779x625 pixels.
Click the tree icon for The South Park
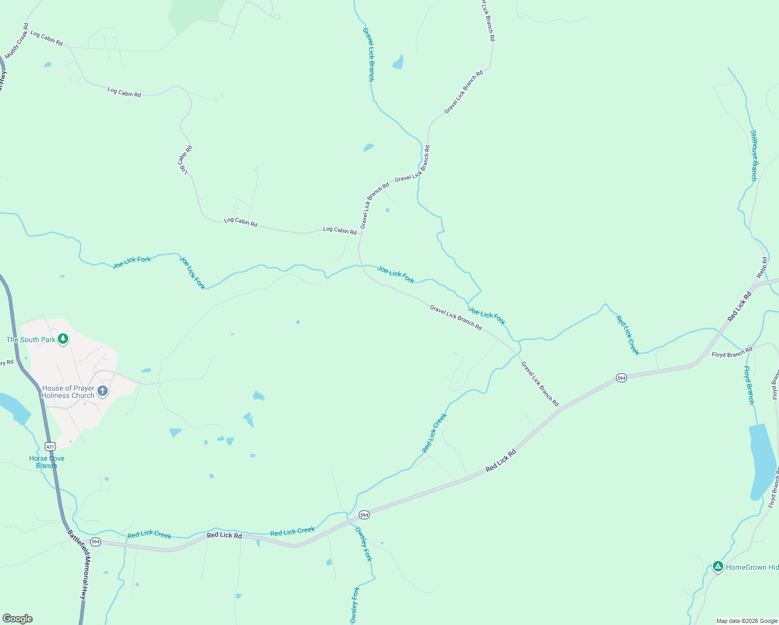tap(63, 339)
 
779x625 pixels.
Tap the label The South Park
tap(31, 340)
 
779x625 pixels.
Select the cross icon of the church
tap(103, 391)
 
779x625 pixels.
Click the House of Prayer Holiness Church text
tap(68, 392)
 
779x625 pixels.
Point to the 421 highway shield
tap(50, 446)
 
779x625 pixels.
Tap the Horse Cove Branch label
tap(47, 462)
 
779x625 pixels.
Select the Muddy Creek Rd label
tap(17, 41)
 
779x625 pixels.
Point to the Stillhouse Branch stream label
tap(753, 155)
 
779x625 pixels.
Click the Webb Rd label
tap(761, 267)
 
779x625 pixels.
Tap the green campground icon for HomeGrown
tap(718, 567)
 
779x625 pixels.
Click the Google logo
tap(18, 619)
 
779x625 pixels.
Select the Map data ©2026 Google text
tap(747, 621)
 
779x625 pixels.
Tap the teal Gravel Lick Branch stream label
tap(368, 54)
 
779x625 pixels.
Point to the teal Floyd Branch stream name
tap(749, 385)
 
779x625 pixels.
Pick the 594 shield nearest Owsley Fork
tap(364, 515)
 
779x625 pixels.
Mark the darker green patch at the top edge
tap(195, 13)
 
